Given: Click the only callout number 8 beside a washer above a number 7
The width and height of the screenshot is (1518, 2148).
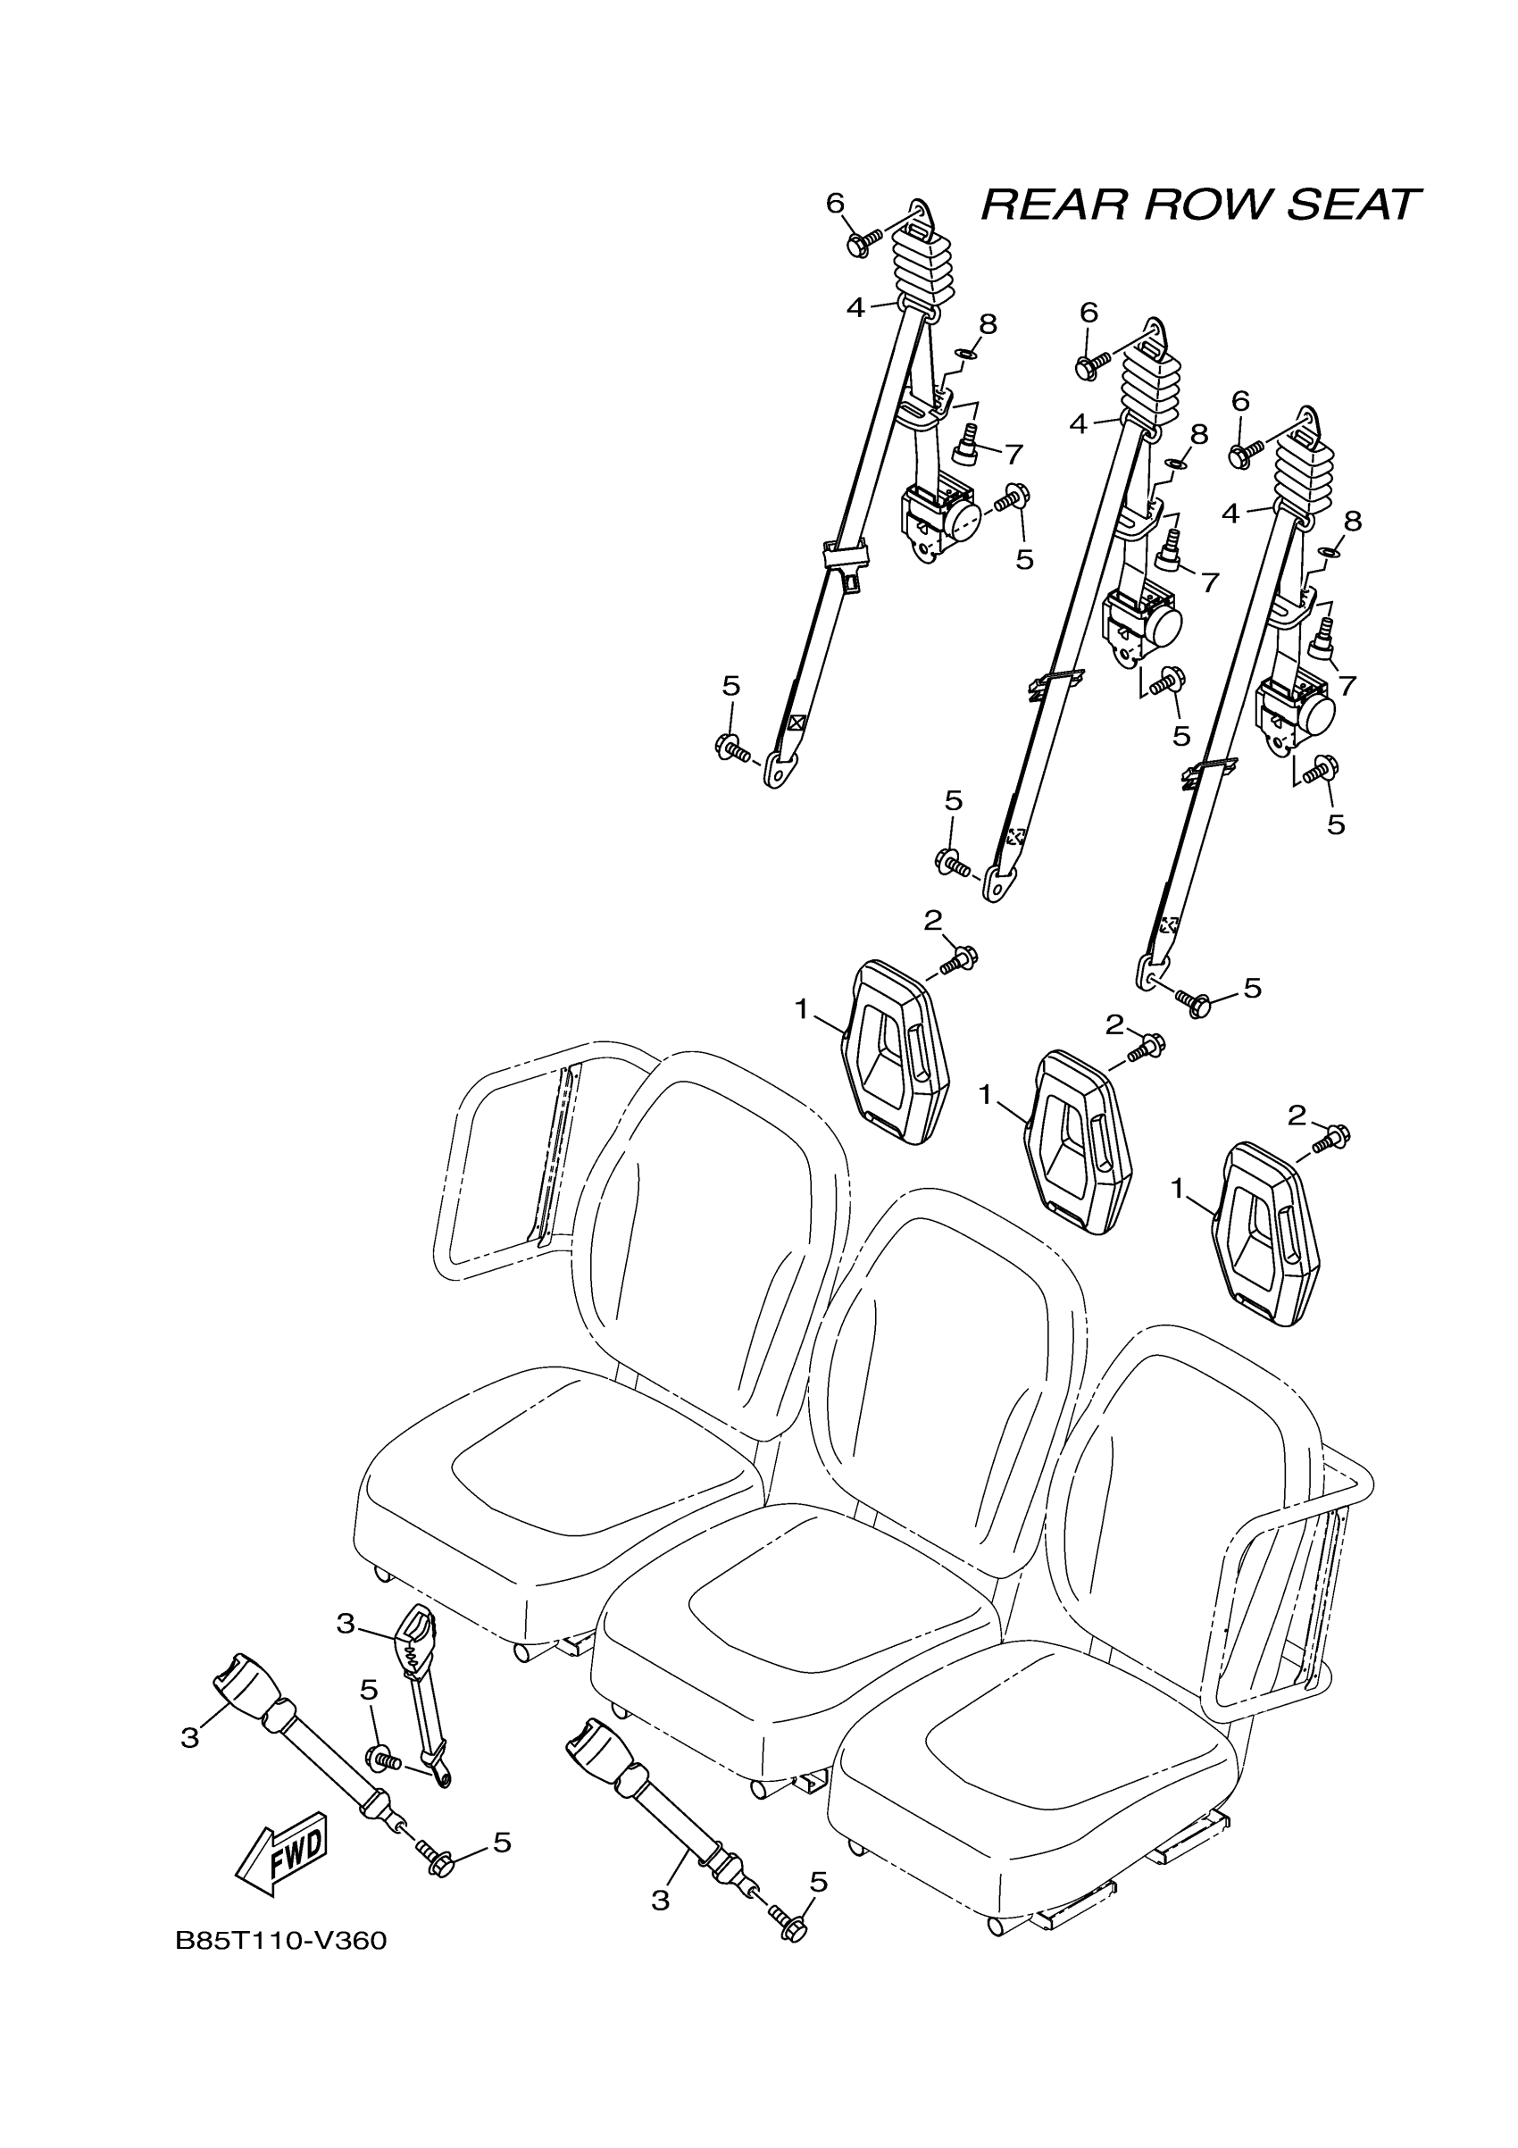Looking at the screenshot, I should tap(988, 324).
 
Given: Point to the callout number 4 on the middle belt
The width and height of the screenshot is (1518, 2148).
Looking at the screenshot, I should tap(1080, 424).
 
